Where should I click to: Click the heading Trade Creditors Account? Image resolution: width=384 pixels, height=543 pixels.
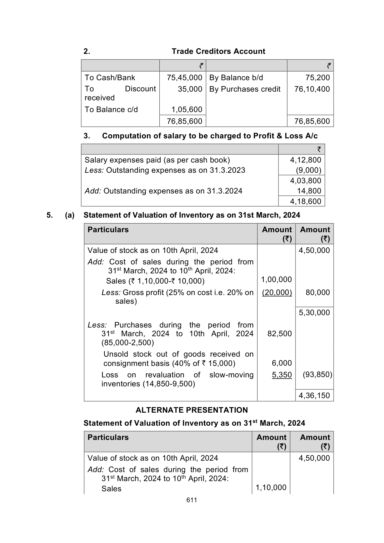click(x=218, y=51)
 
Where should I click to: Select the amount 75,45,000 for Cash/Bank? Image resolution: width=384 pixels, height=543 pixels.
click(x=184, y=78)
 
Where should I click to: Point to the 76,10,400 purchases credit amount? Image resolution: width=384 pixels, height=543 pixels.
click(x=312, y=89)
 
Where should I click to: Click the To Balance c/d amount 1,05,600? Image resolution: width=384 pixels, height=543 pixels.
click(x=187, y=110)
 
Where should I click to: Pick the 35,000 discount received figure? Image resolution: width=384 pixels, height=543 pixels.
click(x=190, y=89)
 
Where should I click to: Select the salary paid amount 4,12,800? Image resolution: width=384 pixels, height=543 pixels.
click(x=305, y=160)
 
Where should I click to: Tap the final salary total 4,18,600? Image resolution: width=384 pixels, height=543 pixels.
click(x=305, y=202)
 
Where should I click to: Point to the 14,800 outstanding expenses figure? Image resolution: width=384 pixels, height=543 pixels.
click(x=309, y=191)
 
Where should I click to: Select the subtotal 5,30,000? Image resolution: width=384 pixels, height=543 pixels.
click(x=314, y=313)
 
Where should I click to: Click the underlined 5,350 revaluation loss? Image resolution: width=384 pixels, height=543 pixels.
click(x=282, y=375)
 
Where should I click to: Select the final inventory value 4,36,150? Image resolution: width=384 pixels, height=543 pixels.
click(x=314, y=396)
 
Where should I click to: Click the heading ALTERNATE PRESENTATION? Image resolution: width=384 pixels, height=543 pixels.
click(x=192, y=410)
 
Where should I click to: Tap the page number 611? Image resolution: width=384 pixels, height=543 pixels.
click(x=192, y=500)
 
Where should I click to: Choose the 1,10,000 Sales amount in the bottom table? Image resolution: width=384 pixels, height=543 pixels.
click(x=271, y=488)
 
